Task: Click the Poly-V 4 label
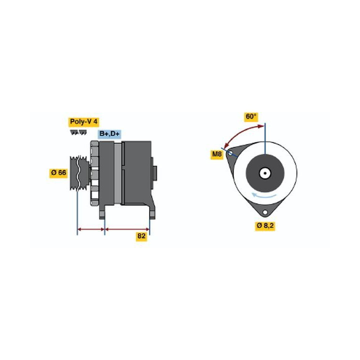pyautogui.click(x=83, y=122)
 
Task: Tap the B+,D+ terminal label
pyautogui.click(x=109, y=134)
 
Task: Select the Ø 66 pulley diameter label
pyautogui.click(x=58, y=172)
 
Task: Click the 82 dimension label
pyautogui.click(x=141, y=236)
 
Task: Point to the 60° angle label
pyautogui.click(x=251, y=117)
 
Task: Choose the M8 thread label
pyautogui.click(x=216, y=154)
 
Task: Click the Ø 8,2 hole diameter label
pyautogui.click(x=265, y=226)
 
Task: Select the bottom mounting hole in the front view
pyautogui.click(x=265, y=212)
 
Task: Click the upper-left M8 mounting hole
pyautogui.click(x=230, y=153)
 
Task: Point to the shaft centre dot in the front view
pyautogui.click(x=265, y=173)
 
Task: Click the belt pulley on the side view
pyautogui.click(x=79, y=173)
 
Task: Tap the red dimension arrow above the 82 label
pyautogui.click(x=127, y=229)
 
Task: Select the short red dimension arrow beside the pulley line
pyautogui.click(x=91, y=229)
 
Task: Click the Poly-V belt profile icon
pyautogui.click(x=78, y=132)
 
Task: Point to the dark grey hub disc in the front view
pyautogui.click(x=265, y=173)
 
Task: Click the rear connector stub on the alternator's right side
pyautogui.click(x=154, y=173)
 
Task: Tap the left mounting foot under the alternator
pyautogui.click(x=102, y=212)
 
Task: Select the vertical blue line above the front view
pyautogui.click(x=265, y=138)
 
